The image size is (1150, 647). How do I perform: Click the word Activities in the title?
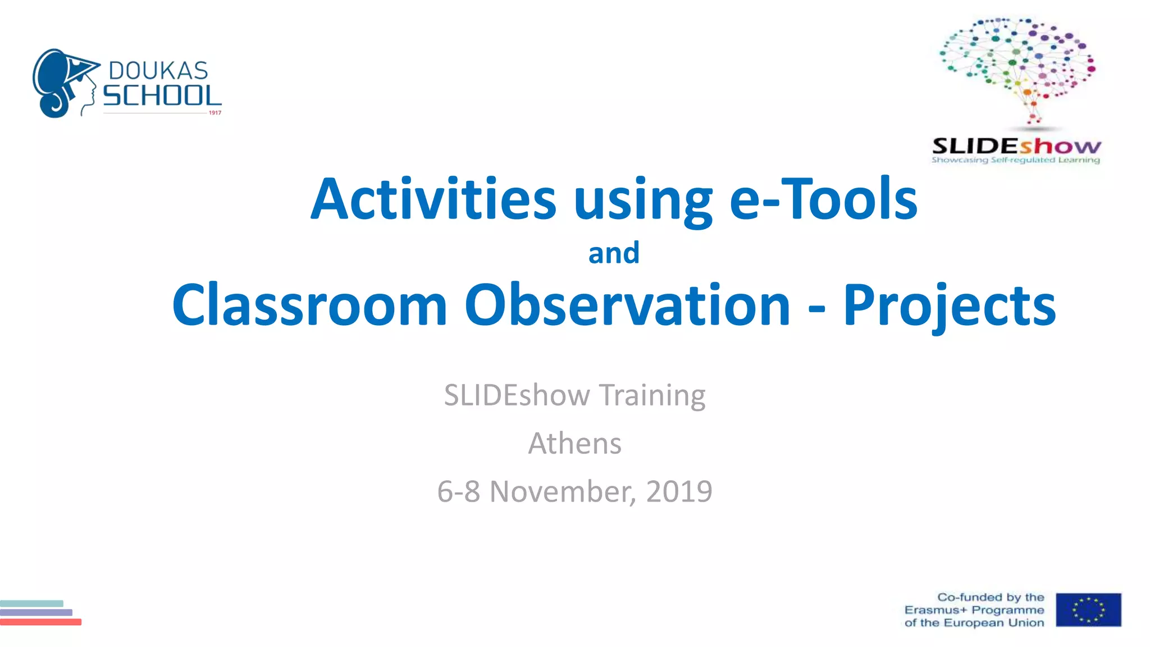tap(433, 199)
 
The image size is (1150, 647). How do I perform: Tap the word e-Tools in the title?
tap(823, 199)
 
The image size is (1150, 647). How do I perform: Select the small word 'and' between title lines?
tap(614, 253)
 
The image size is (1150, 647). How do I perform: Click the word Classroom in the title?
tap(309, 305)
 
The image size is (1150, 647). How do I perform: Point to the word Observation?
tap(627, 305)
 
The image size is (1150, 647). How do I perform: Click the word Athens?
tap(575, 443)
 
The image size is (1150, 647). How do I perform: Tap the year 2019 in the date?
tap(679, 491)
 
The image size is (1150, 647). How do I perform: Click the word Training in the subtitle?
tap(652, 395)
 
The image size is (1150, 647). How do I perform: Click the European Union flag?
tap(1088, 610)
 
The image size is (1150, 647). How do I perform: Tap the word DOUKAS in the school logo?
tap(158, 71)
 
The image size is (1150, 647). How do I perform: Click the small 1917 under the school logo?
tap(215, 113)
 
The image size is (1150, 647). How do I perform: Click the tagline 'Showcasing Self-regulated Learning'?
tap(1016, 160)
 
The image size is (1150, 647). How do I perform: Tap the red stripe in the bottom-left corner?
tap(40, 622)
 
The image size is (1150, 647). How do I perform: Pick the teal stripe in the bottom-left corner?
tap(31, 603)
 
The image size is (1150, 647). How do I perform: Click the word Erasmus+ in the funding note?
tap(935, 610)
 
